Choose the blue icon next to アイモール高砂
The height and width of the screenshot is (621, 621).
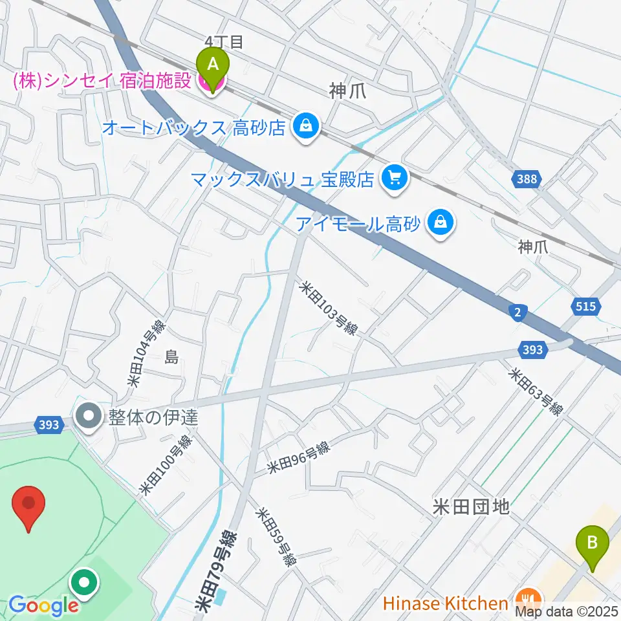tap(441, 224)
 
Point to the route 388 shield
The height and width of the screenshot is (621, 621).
tap(527, 179)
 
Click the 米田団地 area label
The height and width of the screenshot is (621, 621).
tap(471, 507)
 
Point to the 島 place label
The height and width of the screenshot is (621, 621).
tap(171, 357)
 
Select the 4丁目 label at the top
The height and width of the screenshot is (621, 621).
tap(223, 43)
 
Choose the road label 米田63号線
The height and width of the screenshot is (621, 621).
tap(536, 393)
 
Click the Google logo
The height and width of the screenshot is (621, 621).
tap(43, 606)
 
